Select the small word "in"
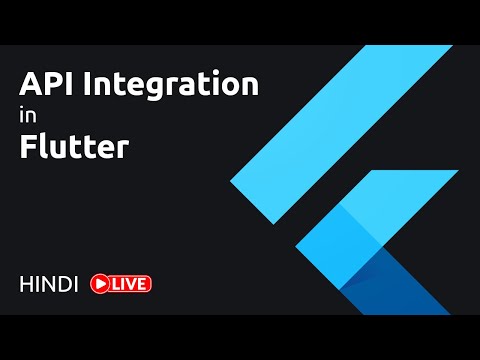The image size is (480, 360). pos(27,117)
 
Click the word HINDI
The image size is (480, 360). pos(49,284)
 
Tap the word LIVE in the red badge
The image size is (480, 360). pos(131,284)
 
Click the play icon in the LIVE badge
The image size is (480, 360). pos(100,284)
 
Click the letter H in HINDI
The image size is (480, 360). pos(27,284)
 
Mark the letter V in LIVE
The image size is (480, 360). pos(134,284)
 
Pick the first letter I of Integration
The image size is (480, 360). pos(87,84)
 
